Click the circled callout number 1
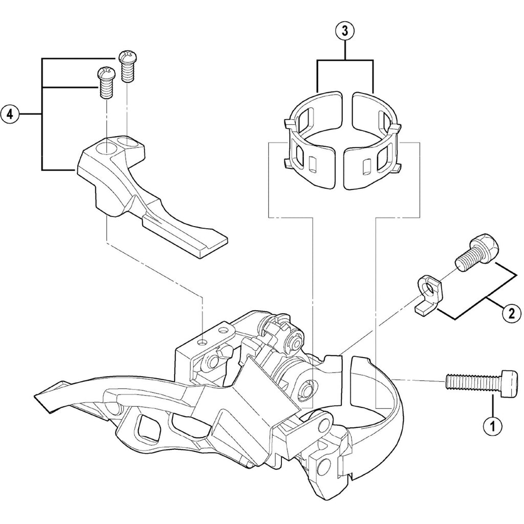point(493,425)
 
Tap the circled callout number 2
point(511,313)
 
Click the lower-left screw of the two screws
point(105,83)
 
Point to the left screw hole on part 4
point(107,149)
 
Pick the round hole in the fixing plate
point(431,291)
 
